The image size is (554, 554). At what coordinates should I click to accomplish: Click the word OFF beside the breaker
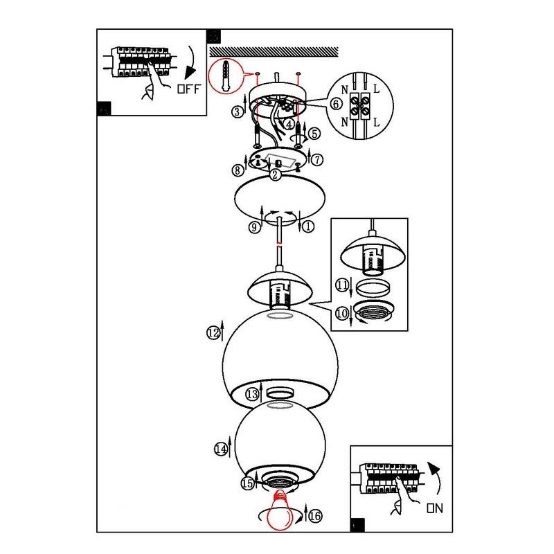[x=189, y=89]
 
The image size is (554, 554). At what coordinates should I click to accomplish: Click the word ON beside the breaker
[x=435, y=508]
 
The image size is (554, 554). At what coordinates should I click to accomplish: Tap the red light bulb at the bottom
[x=280, y=510]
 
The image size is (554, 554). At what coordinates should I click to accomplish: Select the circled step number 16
[x=316, y=516]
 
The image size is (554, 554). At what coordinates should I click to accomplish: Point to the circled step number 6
[x=336, y=103]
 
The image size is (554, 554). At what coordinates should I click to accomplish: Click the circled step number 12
[x=213, y=332]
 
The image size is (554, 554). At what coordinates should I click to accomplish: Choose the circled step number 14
[x=221, y=449]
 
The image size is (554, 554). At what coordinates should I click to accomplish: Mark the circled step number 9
[x=254, y=227]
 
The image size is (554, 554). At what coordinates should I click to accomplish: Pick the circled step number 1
[x=308, y=226]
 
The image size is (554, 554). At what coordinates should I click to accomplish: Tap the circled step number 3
[x=238, y=111]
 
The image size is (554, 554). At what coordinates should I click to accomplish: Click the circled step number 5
[x=314, y=134]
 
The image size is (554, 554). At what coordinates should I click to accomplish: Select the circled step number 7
[x=317, y=160]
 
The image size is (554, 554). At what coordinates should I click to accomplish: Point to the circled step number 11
[x=341, y=285]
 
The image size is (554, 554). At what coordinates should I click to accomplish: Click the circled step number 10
[x=341, y=313]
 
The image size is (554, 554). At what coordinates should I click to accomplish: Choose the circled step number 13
[x=252, y=394]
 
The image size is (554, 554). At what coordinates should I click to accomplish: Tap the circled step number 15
[x=248, y=483]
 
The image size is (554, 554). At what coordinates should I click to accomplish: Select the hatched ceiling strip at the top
[x=274, y=52]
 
